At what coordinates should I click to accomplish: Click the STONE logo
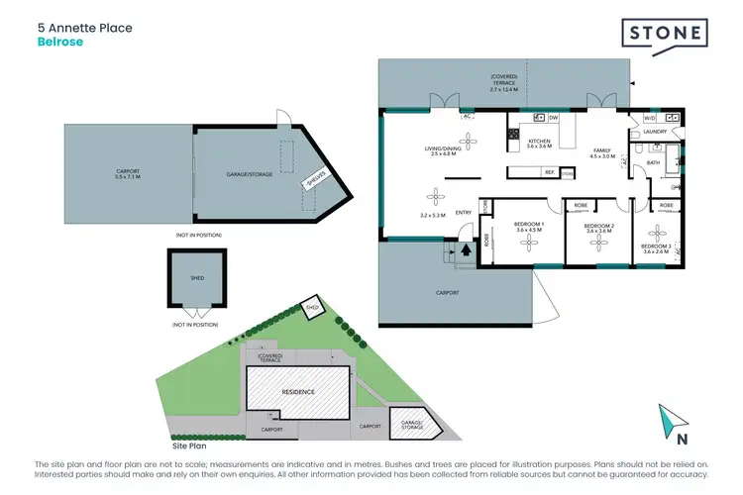(665, 34)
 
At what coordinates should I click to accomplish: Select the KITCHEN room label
(539, 143)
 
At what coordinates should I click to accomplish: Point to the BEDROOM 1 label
(529, 225)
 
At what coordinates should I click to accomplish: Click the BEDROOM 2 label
(598, 227)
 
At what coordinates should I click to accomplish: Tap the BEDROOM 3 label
(657, 246)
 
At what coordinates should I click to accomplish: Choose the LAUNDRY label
(654, 131)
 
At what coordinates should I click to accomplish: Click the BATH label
(653, 162)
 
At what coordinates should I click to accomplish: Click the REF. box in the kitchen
(547, 172)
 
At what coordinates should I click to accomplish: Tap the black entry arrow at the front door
(464, 249)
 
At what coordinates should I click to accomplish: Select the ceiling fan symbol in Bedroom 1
(529, 243)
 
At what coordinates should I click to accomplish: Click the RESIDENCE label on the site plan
(299, 392)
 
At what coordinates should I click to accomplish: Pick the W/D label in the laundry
(649, 117)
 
